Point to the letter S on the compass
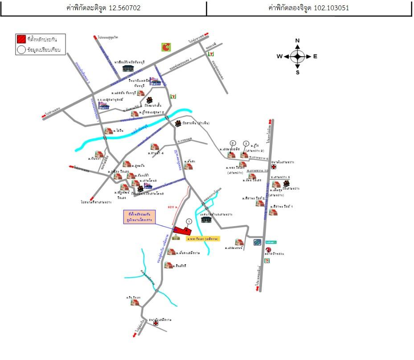pyautogui.click(x=298, y=72)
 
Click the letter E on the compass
pyautogui.click(x=315, y=57)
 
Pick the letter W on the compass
pyautogui.click(x=279, y=57)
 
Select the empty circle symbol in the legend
pyautogui.click(x=21, y=50)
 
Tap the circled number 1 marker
pyautogui.click(x=189, y=221)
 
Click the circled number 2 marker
pyautogui.click(x=233, y=143)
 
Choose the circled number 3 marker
pyautogui.click(x=246, y=143)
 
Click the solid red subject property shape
pyautogui.click(x=184, y=232)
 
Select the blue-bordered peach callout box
pyautogui.click(x=139, y=217)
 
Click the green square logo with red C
pyautogui.click(x=166, y=47)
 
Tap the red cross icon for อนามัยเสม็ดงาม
pyautogui.click(x=156, y=323)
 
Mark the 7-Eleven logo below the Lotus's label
pyautogui.click(x=266, y=260)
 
